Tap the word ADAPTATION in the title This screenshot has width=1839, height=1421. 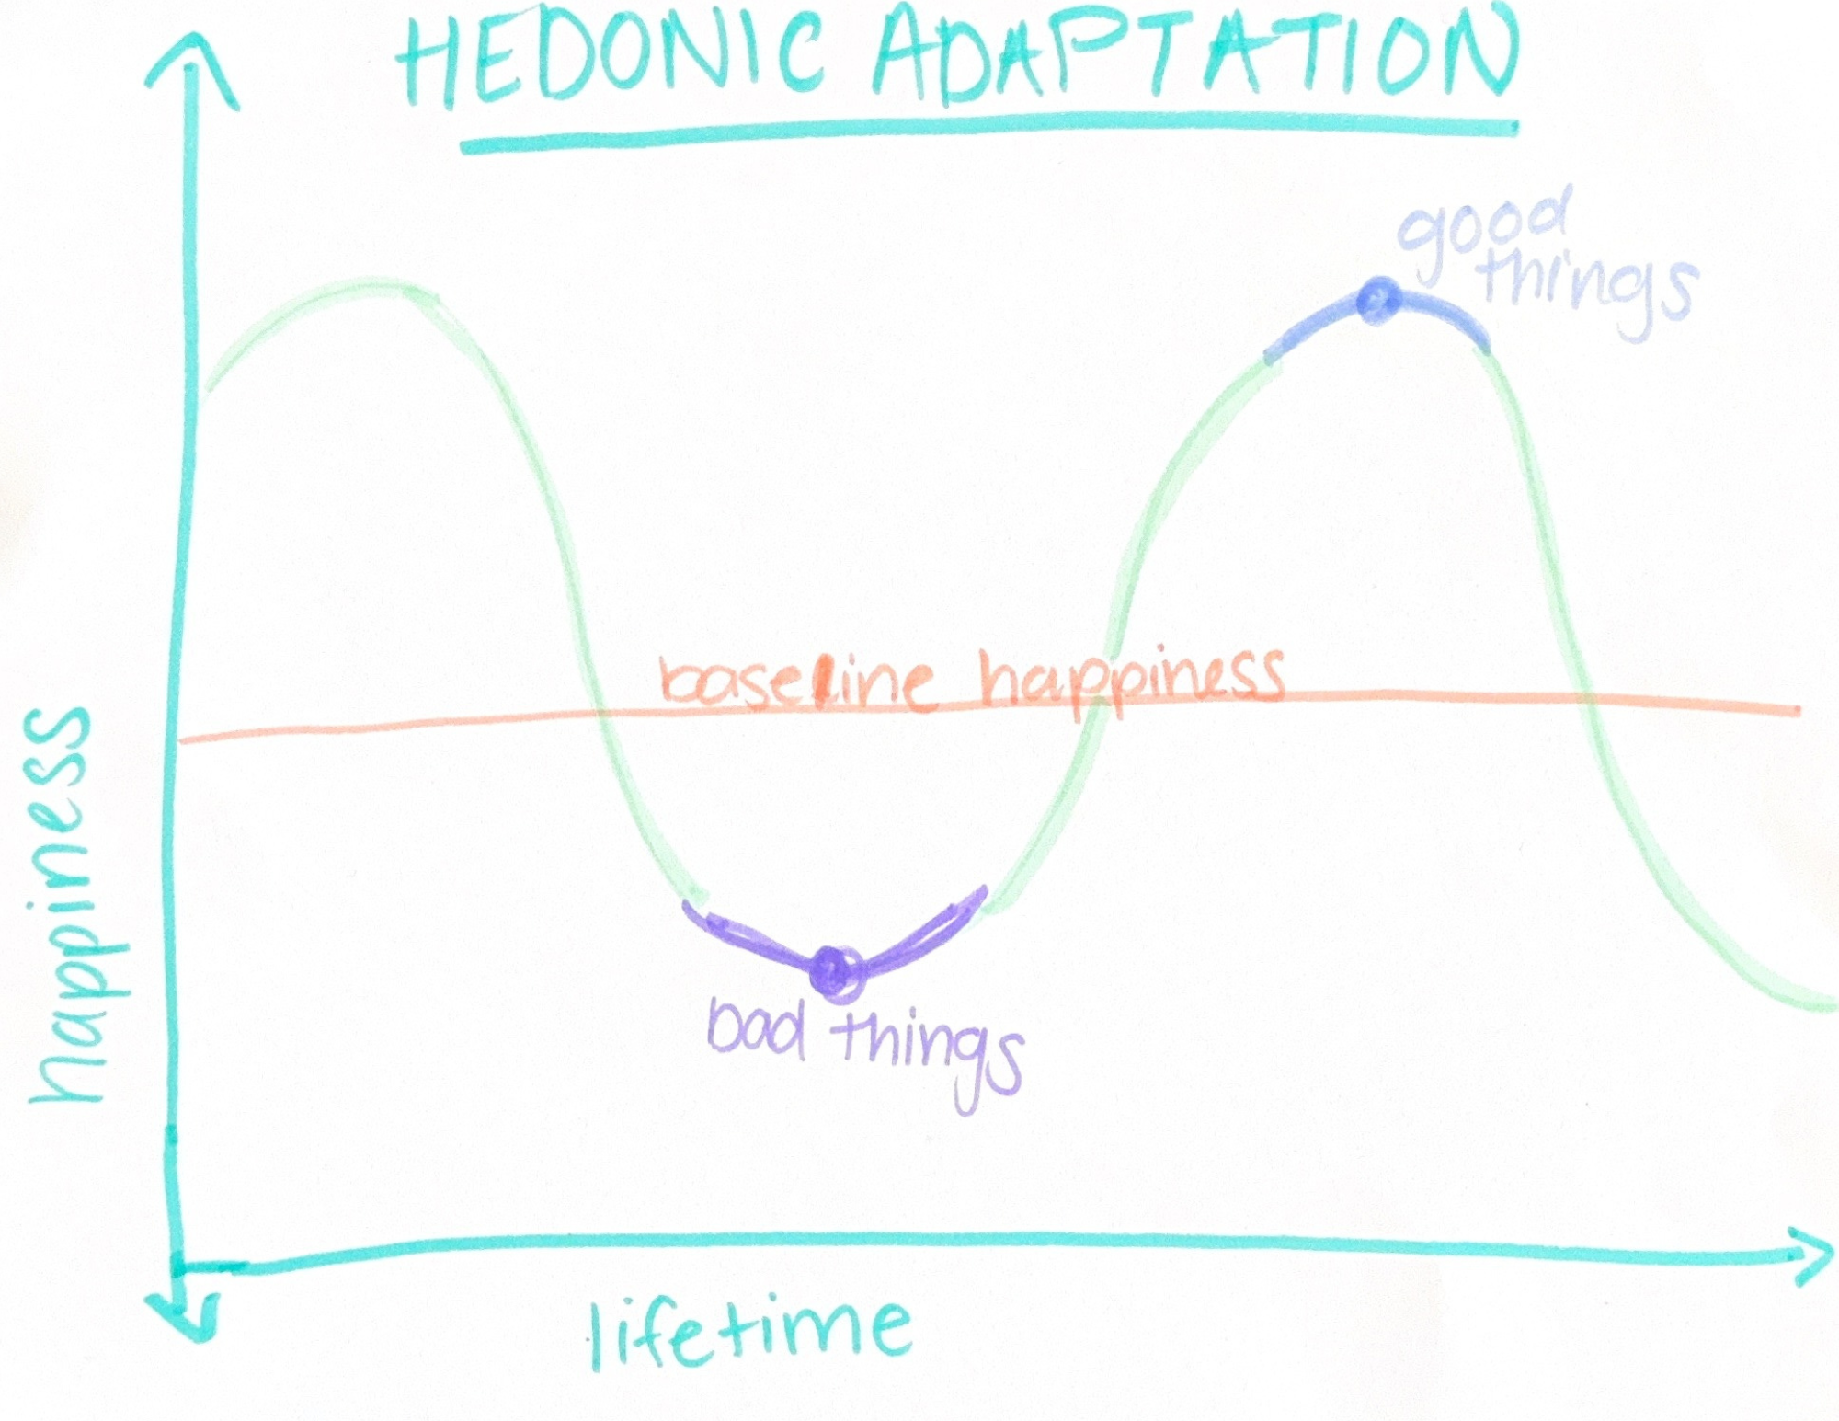click(1195, 55)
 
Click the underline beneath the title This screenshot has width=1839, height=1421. click(988, 135)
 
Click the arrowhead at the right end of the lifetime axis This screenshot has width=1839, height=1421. click(1807, 1256)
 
